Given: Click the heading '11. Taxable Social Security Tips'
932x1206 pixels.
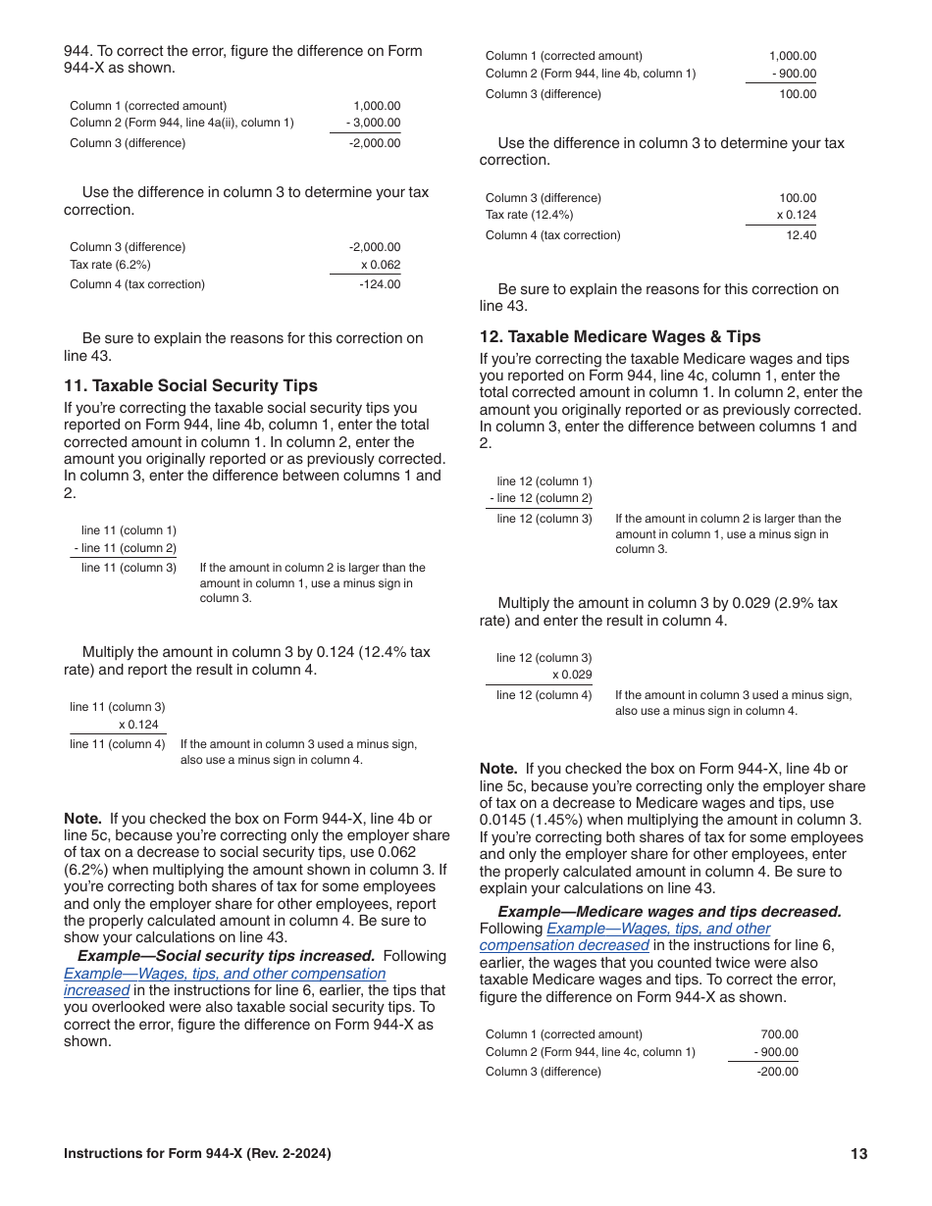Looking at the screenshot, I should click(190, 386).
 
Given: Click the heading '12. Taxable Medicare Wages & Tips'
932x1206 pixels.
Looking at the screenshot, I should click(620, 337).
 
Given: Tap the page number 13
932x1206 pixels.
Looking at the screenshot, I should click(858, 1154).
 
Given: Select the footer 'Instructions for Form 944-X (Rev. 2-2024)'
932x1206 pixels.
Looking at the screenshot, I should click(197, 1154).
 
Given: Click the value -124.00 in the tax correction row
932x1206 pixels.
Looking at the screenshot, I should click(380, 284).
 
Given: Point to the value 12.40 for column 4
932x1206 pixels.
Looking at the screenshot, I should click(801, 235).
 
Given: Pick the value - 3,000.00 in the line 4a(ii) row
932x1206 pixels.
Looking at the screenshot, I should click(373, 123).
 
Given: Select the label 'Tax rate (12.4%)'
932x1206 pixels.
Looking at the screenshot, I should click(529, 215).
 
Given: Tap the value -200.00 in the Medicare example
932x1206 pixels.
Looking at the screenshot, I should click(777, 1072).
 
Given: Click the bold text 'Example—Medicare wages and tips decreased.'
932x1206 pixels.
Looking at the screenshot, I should click(669, 912).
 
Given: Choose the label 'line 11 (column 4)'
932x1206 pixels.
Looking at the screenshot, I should click(118, 744).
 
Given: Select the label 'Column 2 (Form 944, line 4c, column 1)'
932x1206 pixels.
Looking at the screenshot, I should click(590, 1052).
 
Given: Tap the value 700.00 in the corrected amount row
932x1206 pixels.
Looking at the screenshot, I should click(779, 1034).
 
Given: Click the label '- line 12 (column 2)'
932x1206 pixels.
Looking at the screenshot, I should click(541, 499).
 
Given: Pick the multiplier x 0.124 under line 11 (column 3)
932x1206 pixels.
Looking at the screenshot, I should click(137, 725).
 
